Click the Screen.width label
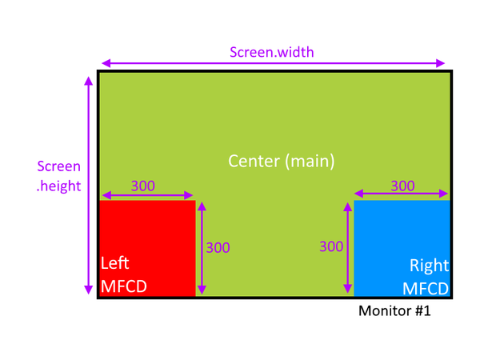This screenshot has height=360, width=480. (x=272, y=53)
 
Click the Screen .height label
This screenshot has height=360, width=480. (x=59, y=175)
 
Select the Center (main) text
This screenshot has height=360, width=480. (x=281, y=160)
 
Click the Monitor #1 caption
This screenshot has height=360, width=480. (x=395, y=310)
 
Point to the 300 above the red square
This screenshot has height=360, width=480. (x=142, y=186)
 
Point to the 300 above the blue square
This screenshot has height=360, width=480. (x=402, y=186)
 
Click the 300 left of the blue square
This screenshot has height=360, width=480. (x=331, y=247)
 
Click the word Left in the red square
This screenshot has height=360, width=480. (x=114, y=263)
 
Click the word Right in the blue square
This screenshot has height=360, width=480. (x=429, y=265)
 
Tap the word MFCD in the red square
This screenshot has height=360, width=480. (x=124, y=286)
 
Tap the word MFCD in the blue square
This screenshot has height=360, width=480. (x=425, y=287)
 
